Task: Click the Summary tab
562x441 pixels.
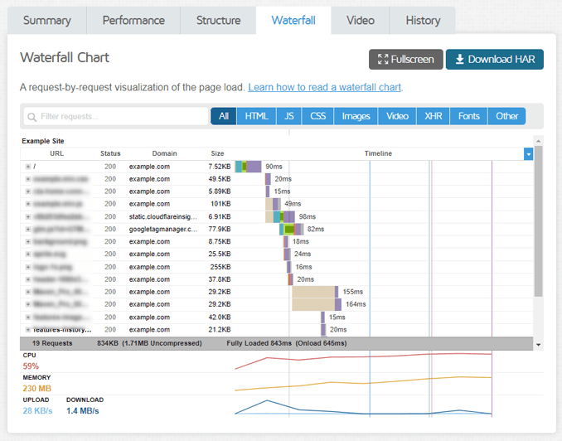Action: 47,21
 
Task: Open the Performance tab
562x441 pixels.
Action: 133,21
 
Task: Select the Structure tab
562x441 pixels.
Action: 218,21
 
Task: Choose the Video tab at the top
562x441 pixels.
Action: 361,21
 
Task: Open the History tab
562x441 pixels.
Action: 423,21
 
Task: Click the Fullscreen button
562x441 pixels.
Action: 406,60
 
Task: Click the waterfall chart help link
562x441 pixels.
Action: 325,87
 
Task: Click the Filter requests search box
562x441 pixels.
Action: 116,117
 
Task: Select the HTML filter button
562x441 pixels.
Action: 256,116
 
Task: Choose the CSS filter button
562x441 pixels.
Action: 318,116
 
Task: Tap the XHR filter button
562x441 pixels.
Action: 434,116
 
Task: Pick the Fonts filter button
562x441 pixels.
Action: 469,116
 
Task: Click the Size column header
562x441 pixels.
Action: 217,153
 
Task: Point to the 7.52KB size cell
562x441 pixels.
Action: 220,167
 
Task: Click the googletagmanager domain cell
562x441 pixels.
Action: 163,229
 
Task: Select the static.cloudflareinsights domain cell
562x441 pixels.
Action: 163,216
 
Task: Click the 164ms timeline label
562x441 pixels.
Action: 356,304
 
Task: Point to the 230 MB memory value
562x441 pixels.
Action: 36,388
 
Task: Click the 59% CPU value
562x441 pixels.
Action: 31,366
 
